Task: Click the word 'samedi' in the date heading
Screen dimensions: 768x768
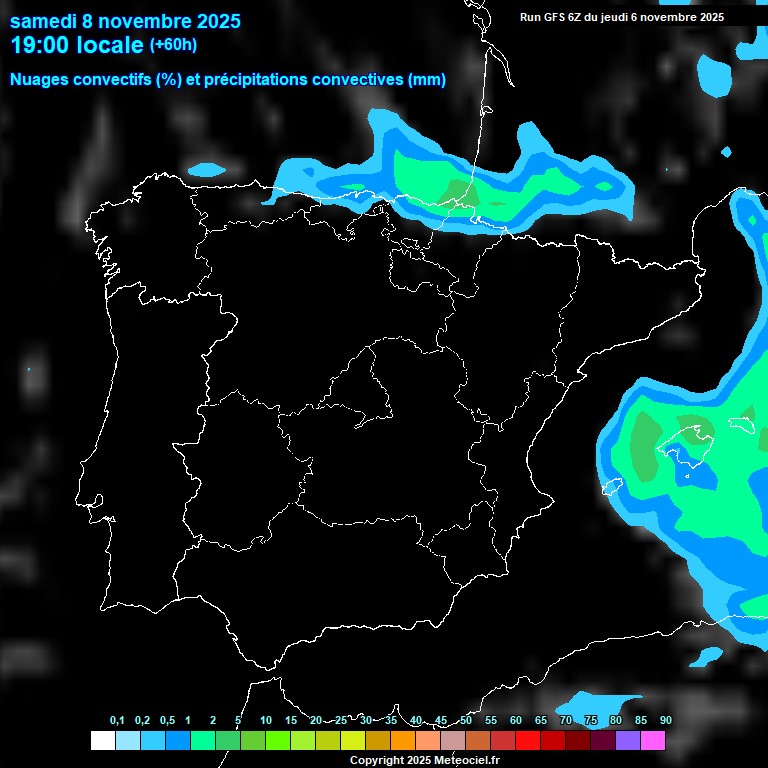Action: coord(42,21)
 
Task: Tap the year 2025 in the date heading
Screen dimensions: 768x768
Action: coord(220,21)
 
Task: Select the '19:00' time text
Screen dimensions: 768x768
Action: coord(39,45)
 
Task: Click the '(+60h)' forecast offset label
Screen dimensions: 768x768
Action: coord(173,45)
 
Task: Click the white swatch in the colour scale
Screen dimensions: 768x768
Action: coord(102,741)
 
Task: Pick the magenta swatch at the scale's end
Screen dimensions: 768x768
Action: coord(653,741)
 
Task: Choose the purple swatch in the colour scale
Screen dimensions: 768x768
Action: coord(628,741)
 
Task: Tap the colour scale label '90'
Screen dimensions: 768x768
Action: coord(665,721)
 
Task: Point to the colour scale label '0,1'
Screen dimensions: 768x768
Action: coord(116,721)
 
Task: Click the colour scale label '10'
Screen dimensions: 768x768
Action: coord(266,721)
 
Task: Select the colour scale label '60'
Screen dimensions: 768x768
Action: coord(516,721)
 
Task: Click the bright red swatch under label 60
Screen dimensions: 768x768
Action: coord(528,741)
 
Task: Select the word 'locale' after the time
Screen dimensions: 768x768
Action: coord(108,45)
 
